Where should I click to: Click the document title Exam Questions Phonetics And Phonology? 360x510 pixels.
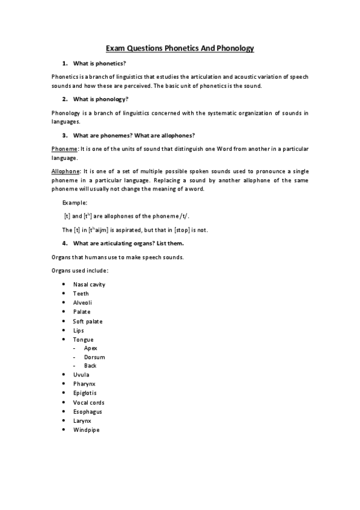pos(180,48)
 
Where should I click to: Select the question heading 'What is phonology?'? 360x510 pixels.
pos(100,99)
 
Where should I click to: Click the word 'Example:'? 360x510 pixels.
pos(75,203)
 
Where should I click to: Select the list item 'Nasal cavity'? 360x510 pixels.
pos(89,284)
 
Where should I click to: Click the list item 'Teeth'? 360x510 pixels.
pos(81,293)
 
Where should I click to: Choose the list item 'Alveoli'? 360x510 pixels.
pos(83,303)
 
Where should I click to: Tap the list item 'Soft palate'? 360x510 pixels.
pos(88,321)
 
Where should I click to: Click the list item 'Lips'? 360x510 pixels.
pos(79,330)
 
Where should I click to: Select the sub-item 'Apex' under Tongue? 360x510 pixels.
pos(90,348)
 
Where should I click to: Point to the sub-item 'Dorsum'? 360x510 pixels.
pos(94,357)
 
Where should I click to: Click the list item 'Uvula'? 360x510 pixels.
pos(81,375)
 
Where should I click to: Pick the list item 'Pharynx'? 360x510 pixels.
pos(84,384)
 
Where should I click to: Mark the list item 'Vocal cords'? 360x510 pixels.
pos(88,402)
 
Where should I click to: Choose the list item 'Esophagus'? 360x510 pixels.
pos(87,411)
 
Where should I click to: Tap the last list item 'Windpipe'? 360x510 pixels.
pos(85,430)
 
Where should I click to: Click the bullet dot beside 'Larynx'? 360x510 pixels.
pos(64,421)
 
